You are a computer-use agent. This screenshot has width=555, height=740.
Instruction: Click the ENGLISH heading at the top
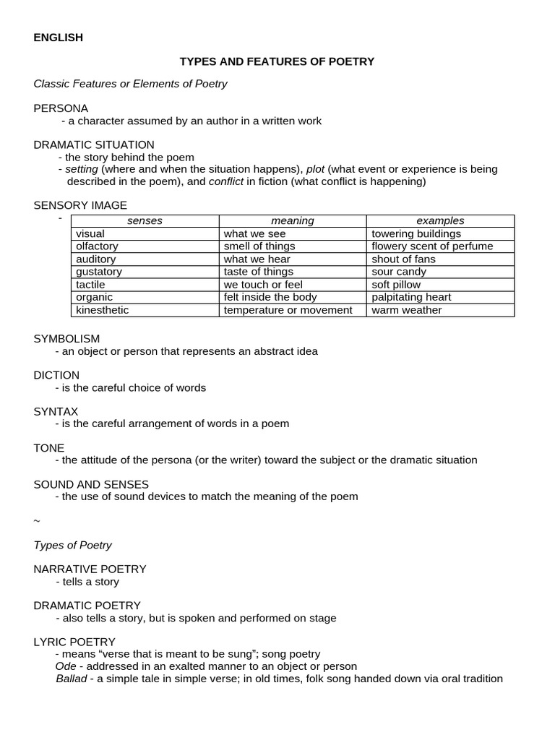pyautogui.click(x=59, y=38)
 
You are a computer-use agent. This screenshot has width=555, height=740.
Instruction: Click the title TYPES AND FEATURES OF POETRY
pyautogui.click(x=277, y=61)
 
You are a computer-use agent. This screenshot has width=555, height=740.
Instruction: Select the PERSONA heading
pyautogui.click(x=61, y=108)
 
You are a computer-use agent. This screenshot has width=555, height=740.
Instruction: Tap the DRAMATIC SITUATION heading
pyautogui.click(x=94, y=145)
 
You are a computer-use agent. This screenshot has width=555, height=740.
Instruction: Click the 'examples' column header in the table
pyautogui.click(x=440, y=221)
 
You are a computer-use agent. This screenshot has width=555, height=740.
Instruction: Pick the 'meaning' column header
pyautogui.click(x=293, y=221)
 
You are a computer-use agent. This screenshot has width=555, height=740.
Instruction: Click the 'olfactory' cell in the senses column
pyautogui.click(x=97, y=246)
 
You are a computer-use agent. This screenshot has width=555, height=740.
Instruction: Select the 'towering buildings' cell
pyautogui.click(x=416, y=233)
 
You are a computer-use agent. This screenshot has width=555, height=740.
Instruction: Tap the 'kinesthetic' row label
pyautogui.click(x=101, y=310)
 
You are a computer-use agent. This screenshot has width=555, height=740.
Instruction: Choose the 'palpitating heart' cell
pyautogui.click(x=411, y=297)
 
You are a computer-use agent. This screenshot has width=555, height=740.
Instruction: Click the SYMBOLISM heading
pyautogui.click(x=66, y=338)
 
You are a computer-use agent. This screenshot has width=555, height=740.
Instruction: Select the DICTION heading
pyautogui.click(x=56, y=375)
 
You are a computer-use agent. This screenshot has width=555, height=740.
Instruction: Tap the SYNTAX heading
pyautogui.click(x=56, y=411)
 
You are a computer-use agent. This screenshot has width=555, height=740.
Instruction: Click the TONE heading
pyautogui.click(x=49, y=448)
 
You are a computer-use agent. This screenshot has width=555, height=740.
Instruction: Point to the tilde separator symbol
pyautogui.click(x=37, y=521)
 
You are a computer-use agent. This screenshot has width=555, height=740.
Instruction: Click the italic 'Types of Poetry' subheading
pyautogui.click(x=73, y=545)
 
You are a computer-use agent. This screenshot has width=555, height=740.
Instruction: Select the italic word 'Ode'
pyautogui.click(x=66, y=666)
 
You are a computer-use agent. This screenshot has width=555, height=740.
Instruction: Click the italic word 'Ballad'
pyautogui.click(x=71, y=679)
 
